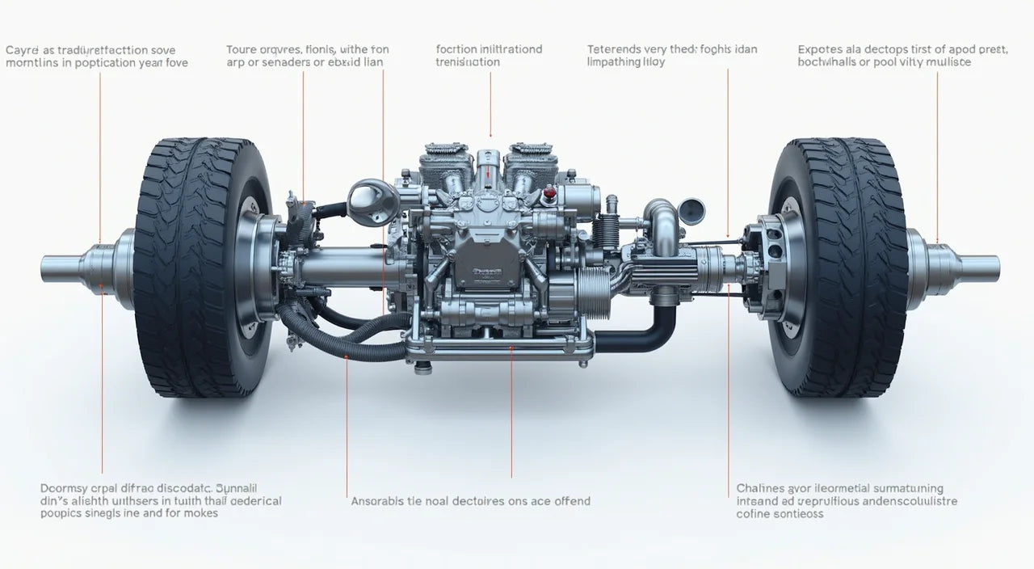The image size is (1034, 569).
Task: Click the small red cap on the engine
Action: click(550, 194)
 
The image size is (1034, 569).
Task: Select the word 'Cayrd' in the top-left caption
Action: click(23, 50)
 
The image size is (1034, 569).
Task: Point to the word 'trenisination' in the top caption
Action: click(468, 62)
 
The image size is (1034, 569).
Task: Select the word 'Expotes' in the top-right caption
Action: click(820, 49)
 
